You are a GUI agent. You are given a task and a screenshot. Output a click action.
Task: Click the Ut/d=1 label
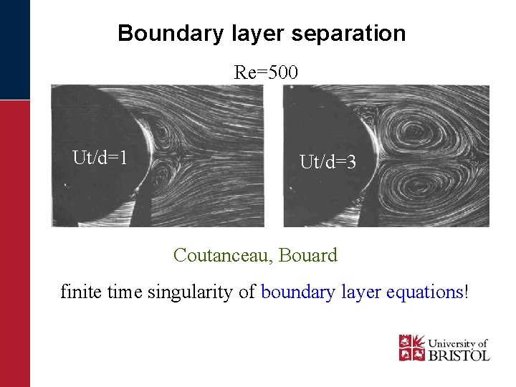[x=100, y=157]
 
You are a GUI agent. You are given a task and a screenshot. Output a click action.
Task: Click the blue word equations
[x=426, y=292]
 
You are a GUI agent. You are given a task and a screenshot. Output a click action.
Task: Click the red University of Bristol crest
[x=411, y=348]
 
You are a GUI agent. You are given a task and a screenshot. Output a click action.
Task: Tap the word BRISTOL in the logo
[x=459, y=355]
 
